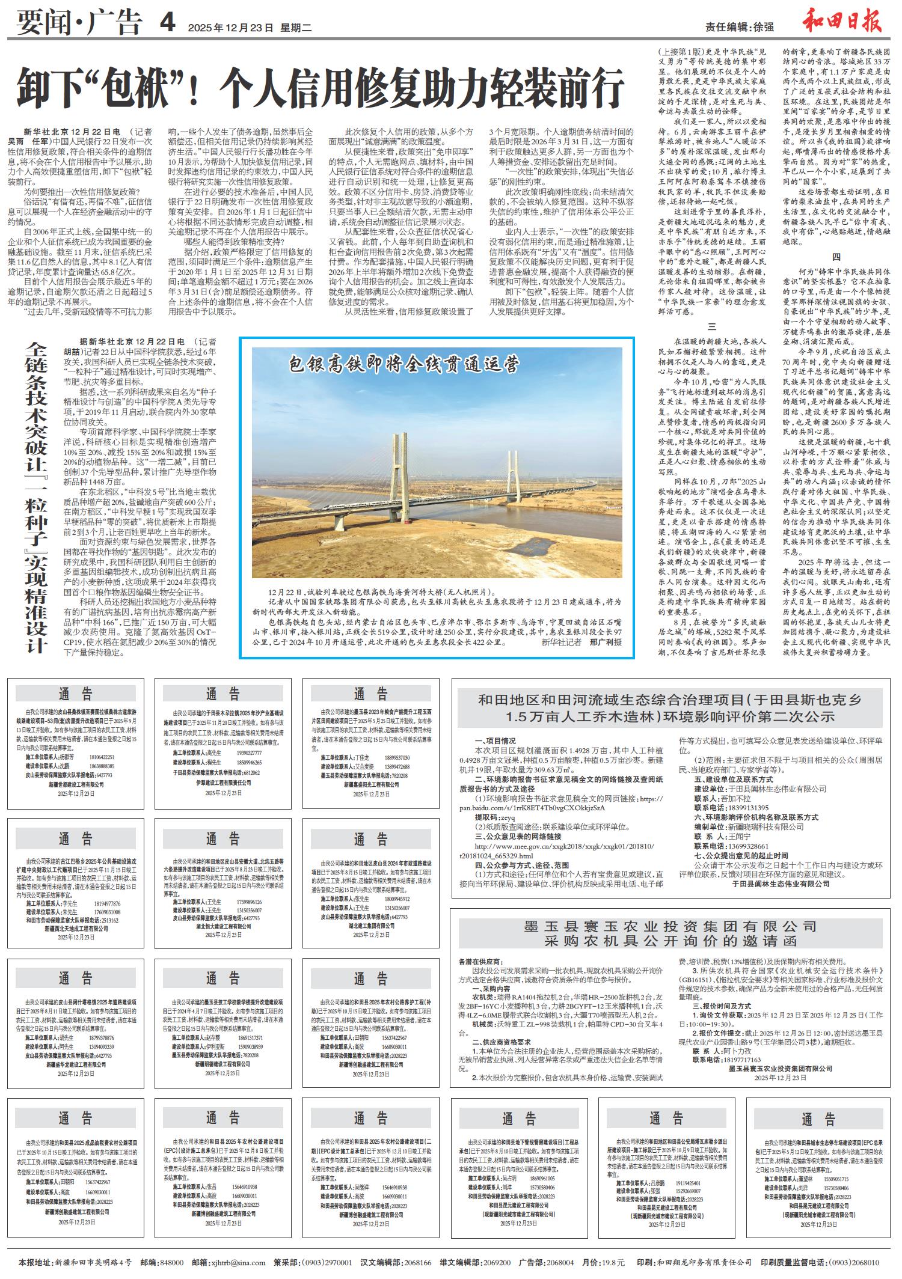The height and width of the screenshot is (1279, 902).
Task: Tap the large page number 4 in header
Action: (167, 23)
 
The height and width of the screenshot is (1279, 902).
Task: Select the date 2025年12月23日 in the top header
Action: (231, 27)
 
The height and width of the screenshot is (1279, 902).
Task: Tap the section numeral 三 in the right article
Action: (712, 328)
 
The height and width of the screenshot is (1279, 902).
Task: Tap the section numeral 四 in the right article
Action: (836, 258)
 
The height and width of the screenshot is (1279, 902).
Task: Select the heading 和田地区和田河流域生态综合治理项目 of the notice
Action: (670, 700)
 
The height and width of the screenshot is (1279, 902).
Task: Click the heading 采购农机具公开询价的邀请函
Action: (670, 941)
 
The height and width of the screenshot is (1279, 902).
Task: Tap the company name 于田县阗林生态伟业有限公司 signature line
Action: (781, 884)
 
